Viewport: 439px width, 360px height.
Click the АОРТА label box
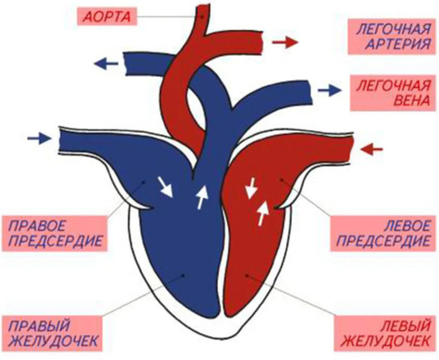(107, 17)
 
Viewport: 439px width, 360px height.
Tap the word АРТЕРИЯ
(398, 44)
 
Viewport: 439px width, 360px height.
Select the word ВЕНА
(411, 100)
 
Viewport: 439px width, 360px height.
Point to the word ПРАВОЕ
(37, 225)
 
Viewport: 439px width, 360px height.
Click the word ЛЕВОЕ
(408, 225)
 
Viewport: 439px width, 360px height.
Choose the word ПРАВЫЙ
(39, 326)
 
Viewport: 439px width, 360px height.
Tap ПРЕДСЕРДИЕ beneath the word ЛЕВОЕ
(383, 241)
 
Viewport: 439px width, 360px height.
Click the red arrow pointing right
(285, 42)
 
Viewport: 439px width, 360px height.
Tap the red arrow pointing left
(371, 149)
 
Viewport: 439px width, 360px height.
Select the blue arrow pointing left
(106, 63)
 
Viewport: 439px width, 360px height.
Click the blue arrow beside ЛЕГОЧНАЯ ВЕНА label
(330, 90)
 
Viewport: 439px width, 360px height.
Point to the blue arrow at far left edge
(40, 138)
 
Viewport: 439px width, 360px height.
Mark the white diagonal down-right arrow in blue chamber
(165, 186)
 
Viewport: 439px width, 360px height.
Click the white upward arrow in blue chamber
(203, 197)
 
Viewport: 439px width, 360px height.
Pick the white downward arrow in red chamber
(251, 188)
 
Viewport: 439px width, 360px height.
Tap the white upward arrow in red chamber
(262, 214)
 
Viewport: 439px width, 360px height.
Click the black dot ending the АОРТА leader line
(202, 17)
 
